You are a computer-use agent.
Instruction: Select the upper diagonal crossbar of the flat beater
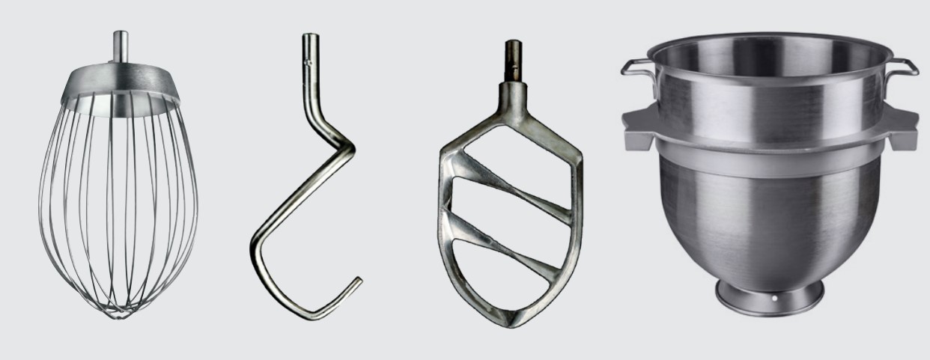(x=517, y=179)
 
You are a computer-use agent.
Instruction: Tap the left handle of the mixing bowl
(x=636, y=68)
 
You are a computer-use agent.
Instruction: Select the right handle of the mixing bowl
(x=902, y=67)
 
